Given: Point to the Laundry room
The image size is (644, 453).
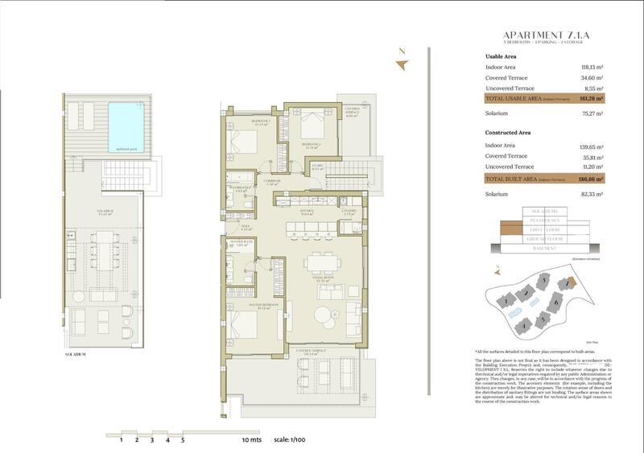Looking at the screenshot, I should click(x=349, y=212).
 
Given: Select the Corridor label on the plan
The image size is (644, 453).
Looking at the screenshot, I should click(x=271, y=183).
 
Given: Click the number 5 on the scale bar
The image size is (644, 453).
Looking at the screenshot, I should click(x=183, y=441).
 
